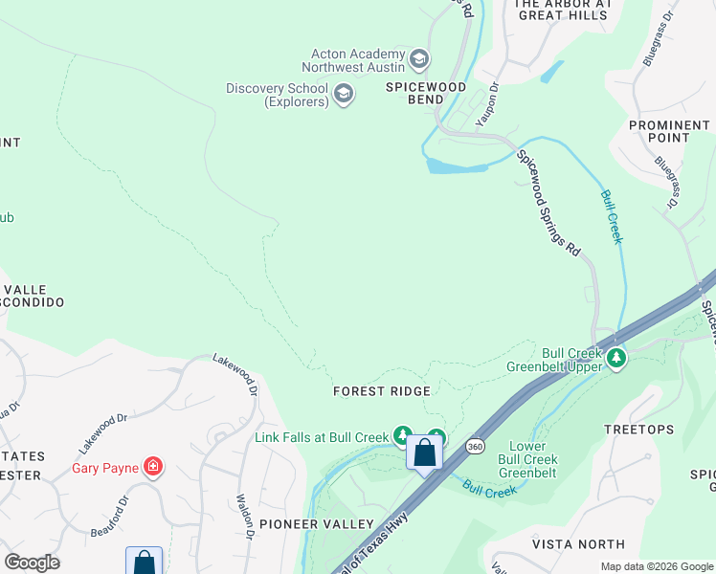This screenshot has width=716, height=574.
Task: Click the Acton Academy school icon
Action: pos(418,59)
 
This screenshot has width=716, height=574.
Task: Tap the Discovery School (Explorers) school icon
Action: pos(344,94)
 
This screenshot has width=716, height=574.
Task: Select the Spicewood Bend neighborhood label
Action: pos(426,93)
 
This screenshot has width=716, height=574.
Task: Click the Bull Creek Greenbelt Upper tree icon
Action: pos(617,359)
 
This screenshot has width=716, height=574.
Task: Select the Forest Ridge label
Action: pos(381,391)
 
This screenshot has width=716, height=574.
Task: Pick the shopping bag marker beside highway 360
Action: pos(425,453)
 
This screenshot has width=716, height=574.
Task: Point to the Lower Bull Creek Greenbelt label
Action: pos(527,460)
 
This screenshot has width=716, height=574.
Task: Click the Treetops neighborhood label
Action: pos(639,430)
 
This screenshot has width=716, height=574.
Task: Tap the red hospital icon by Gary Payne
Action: pos(152,467)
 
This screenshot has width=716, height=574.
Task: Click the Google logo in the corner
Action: pos(32,563)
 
